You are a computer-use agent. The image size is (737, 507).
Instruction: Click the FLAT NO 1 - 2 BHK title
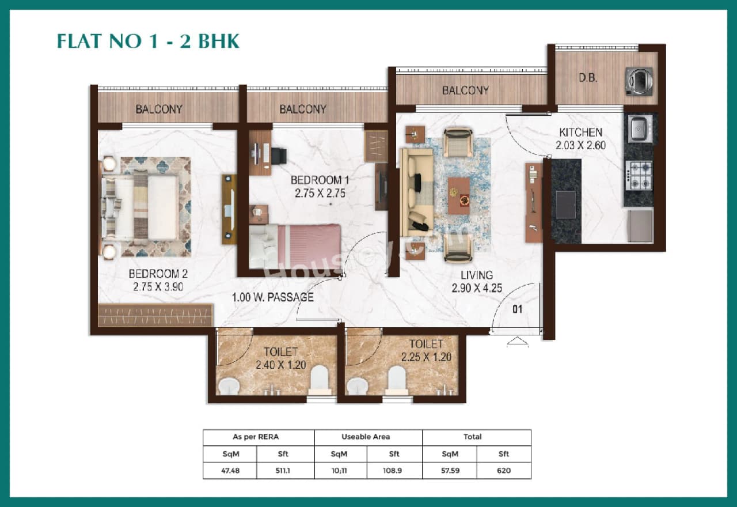click(x=148, y=41)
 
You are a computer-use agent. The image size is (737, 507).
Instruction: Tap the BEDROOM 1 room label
click(x=320, y=180)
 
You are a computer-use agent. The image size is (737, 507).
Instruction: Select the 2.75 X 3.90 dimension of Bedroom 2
click(x=158, y=286)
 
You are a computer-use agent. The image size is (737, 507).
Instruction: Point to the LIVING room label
click(x=476, y=275)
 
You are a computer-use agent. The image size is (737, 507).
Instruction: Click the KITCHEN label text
click(x=580, y=133)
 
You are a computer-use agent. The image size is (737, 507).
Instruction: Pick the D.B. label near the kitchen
click(x=587, y=78)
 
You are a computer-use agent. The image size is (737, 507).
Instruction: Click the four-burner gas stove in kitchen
click(x=639, y=176)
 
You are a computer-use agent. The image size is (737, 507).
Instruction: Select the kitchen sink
click(x=640, y=129)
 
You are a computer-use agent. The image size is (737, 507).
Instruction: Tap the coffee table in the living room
click(x=459, y=195)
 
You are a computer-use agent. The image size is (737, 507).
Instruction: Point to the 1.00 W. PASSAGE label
click(x=273, y=297)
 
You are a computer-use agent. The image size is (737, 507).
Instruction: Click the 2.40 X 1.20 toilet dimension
click(x=281, y=365)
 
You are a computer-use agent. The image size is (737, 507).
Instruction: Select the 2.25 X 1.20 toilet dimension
click(x=426, y=357)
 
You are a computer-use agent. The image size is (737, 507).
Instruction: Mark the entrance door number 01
click(x=517, y=309)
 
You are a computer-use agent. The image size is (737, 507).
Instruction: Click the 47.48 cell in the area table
click(x=230, y=471)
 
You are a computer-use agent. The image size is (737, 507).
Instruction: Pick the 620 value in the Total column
click(x=504, y=471)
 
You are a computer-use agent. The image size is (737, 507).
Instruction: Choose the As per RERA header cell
click(x=259, y=437)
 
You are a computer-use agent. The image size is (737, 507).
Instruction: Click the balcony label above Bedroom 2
click(x=159, y=109)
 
